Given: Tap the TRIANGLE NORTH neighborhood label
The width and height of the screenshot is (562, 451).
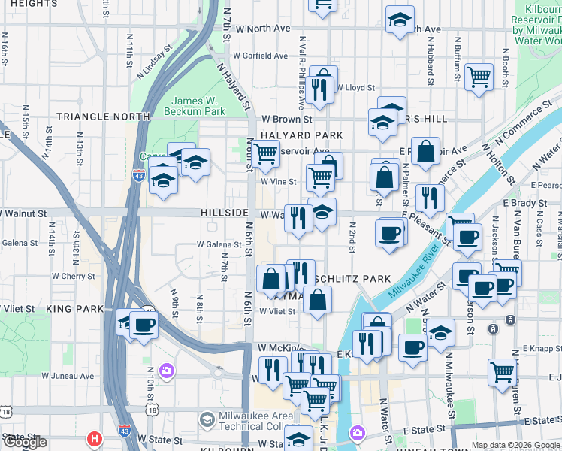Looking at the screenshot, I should click(103, 117).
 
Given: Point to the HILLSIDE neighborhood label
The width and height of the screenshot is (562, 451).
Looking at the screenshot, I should click(225, 213).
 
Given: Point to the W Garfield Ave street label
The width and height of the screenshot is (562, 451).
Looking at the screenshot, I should click(260, 56).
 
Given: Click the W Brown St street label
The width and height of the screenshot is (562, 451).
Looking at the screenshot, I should click(286, 119).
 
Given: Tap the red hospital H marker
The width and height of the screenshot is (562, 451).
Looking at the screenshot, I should click(94, 438).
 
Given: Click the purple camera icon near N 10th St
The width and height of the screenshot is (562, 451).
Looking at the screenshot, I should click(167, 371).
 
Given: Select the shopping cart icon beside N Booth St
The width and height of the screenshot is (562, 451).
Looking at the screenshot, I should click(479, 76).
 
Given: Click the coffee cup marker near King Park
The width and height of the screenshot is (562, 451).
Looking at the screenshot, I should click(144, 325).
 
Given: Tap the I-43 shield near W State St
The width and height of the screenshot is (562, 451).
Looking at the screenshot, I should click(125, 431).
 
